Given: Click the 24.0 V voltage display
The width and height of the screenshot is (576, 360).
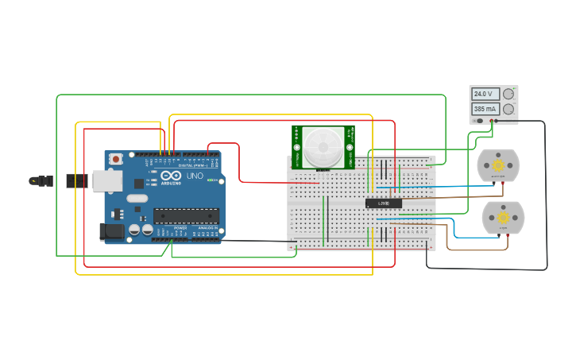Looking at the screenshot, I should click(485, 94).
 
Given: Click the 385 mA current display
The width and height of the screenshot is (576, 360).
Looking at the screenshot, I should click(485, 108).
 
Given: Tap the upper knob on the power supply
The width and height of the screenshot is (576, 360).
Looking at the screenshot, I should click(508, 94).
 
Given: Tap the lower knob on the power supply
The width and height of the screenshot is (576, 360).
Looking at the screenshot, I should click(508, 108).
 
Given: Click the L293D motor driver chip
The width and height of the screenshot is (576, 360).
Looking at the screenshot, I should click(384, 203).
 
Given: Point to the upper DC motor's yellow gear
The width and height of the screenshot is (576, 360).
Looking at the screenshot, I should click(498, 165).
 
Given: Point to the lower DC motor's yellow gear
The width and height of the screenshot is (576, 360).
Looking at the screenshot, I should click(503, 216).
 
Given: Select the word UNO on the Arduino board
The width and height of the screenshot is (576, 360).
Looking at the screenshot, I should click(195, 176).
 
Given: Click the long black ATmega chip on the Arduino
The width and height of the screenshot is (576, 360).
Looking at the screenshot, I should click(186, 215).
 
